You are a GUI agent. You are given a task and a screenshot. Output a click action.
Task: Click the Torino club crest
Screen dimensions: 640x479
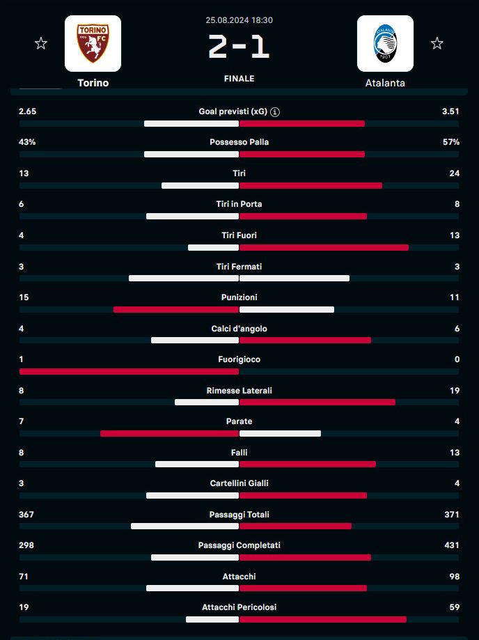tap(93, 43)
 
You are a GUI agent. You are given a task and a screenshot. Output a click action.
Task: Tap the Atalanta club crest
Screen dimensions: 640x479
tap(385, 43)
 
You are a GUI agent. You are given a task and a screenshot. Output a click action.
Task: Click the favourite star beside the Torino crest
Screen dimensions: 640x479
tap(41, 44)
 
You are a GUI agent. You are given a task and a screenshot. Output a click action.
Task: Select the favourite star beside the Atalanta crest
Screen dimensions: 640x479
tap(437, 44)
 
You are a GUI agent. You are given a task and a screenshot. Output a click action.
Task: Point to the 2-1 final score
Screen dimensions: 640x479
tap(239, 47)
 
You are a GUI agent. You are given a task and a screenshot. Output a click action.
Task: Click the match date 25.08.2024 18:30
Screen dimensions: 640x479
tap(239, 21)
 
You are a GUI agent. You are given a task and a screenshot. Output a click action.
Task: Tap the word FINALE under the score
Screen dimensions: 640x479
tap(239, 79)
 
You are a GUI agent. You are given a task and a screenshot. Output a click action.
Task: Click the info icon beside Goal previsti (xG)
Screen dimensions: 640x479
tap(276, 111)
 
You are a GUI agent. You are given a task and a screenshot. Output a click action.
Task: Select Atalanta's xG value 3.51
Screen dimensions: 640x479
tap(450, 111)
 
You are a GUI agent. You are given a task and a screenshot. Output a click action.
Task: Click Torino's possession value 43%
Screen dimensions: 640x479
tap(28, 142)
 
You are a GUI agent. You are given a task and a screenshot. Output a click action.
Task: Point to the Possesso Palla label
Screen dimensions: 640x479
tap(239, 142)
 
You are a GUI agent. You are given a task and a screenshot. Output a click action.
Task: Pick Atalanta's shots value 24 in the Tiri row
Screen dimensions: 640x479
tap(454, 173)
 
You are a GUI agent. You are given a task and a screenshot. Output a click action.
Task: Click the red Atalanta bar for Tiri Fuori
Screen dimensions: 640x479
tap(324, 247)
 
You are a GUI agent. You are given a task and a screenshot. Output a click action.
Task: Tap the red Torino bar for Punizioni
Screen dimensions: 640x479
tap(176, 309)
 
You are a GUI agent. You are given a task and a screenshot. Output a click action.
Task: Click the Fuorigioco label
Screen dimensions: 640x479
tap(239, 359)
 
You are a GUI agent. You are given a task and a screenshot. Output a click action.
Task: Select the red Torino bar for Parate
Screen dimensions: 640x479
tap(169, 433)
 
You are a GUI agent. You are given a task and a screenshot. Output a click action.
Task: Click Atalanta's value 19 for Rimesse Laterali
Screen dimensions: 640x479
tap(454, 391)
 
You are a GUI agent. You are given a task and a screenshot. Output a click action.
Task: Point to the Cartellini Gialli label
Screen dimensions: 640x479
tap(239, 483)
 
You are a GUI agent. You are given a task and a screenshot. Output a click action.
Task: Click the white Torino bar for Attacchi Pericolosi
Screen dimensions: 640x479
tap(212, 619)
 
